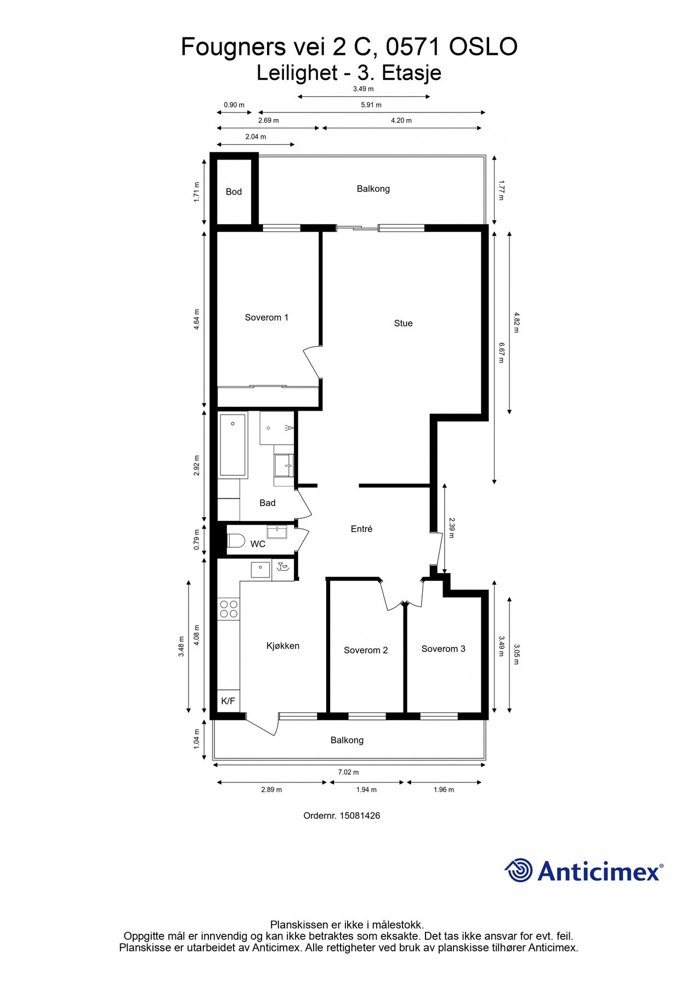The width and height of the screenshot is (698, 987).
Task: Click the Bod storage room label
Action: tap(234, 192)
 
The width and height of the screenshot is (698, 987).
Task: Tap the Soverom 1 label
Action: tap(266, 317)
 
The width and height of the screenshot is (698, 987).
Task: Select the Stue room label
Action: tap(403, 324)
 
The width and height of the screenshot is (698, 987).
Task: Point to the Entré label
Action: tap(361, 529)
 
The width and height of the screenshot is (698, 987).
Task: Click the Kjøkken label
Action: tap(283, 646)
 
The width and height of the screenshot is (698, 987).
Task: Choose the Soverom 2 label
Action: tap(366, 650)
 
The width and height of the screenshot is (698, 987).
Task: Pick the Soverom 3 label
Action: tap(443, 649)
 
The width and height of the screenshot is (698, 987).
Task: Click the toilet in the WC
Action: tap(236, 541)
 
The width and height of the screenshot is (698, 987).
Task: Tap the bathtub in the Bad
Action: tap(233, 445)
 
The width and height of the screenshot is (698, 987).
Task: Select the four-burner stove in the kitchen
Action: tap(229, 609)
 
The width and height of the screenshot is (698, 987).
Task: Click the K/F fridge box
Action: tap(228, 701)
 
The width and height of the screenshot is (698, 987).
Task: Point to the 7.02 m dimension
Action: tap(348, 772)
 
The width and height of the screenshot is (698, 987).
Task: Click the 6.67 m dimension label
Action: tap(501, 353)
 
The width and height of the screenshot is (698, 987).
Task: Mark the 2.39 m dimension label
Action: tap(451, 528)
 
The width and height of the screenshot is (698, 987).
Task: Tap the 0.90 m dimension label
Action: tap(234, 105)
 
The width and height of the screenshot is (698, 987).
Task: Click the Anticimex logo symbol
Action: tap(519, 870)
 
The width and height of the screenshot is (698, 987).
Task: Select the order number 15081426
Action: tap(360, 815)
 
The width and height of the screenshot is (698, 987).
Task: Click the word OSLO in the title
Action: tap(483, 47)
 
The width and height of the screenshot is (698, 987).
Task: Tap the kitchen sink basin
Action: tap(260, 570)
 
